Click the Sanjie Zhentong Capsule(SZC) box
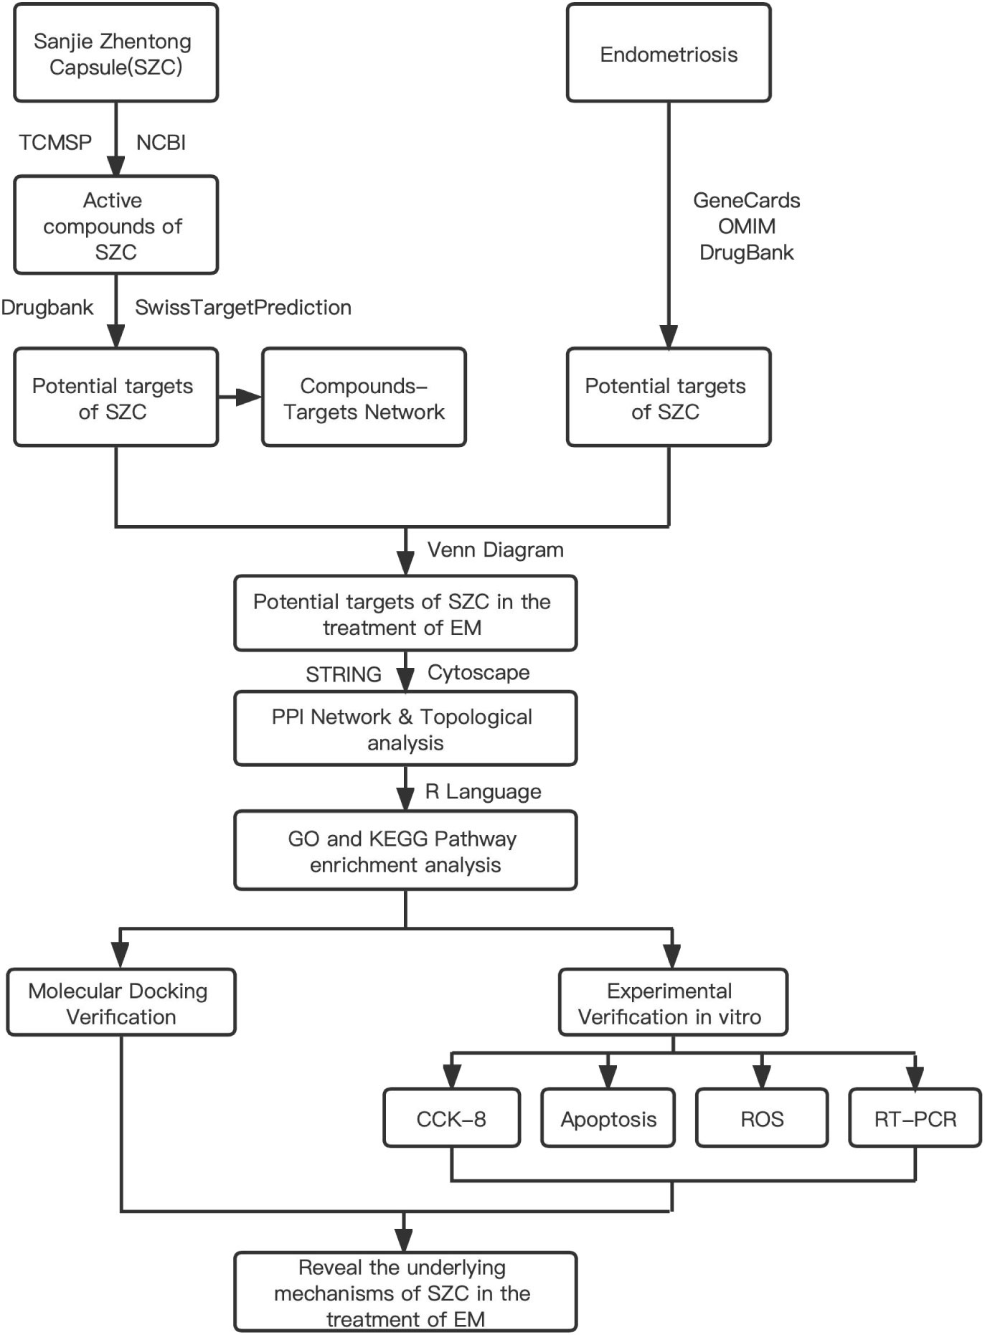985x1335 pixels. point(116,53)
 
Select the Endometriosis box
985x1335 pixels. point(669,53)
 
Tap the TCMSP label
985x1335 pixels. point(55,142)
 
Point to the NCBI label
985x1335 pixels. point(161,142)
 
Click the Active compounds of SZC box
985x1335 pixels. point(116,225)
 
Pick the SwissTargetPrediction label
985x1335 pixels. point(243,307)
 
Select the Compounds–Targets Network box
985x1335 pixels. point(364,397)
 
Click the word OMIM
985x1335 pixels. point(747,226)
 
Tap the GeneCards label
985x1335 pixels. point(747,200)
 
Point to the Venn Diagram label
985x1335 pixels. point(495,549)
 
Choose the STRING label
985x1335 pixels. point(344,674)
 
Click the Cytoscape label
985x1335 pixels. point(479,672)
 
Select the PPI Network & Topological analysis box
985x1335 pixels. point(405,728)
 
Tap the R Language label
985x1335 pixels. point(483,791)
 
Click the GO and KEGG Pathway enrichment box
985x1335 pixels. point(405,850)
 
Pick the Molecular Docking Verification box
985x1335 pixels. point(121,1002)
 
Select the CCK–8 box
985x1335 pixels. point(451,1118)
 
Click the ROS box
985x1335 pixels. point(762,1118)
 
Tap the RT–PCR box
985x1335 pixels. point(915,1118)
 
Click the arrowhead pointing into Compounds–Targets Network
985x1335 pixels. point(249,397)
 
